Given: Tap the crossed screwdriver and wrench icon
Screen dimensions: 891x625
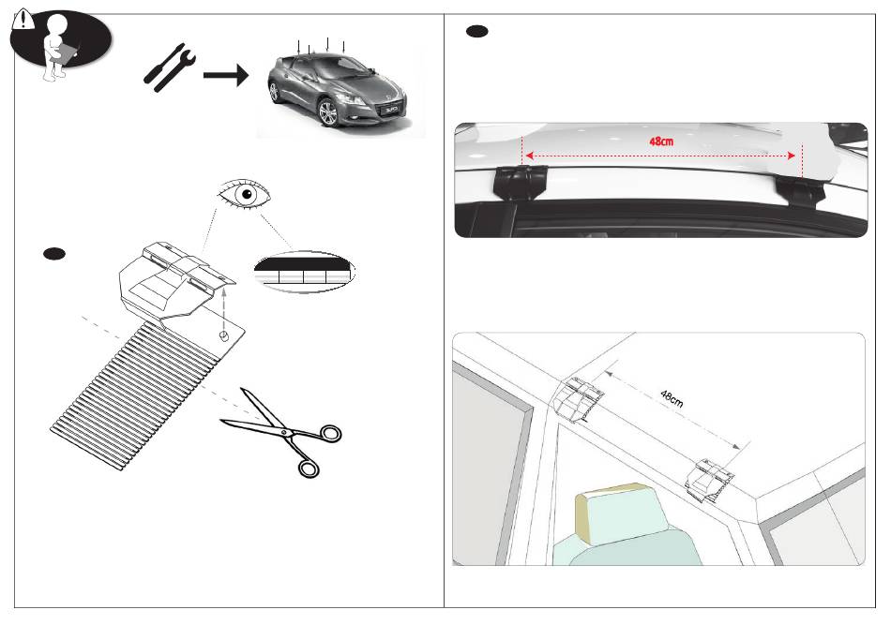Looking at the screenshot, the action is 172,72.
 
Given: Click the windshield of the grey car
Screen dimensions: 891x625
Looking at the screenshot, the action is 334,67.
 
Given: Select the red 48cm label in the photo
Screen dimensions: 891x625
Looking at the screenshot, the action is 661,141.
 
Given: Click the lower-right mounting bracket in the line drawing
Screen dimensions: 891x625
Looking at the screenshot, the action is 710,480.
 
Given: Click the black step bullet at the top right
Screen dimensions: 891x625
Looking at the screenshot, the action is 476,33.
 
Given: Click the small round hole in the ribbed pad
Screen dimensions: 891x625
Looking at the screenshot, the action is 225,335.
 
